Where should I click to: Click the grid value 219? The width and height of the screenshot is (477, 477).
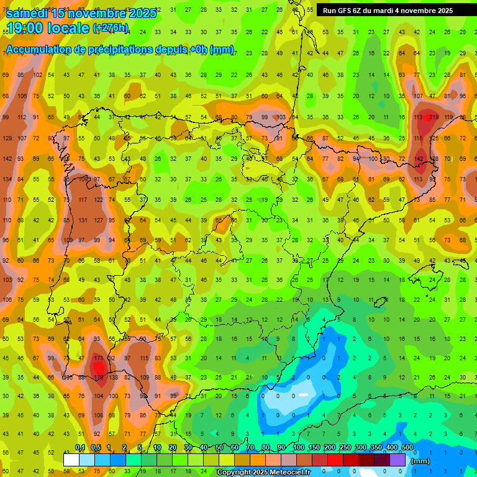click(x=432, y=117)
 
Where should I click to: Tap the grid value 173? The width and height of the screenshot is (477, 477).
click(x=98, y=358)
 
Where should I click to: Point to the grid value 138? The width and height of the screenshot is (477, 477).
click(x=113, y=377)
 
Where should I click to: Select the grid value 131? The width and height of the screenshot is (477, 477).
click(x=83, y=220)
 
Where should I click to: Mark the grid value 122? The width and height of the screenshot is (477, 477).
click(x=98, y=199)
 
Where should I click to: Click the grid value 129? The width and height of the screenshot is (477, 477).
click(x=7, y=138)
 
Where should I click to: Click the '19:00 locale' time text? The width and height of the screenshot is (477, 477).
click(x=48, y=29)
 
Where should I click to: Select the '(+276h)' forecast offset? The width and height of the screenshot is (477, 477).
click(x=111, y=28)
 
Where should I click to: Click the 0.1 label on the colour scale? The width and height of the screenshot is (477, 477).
click(x=80, y=447)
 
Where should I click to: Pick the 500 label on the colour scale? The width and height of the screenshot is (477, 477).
click(x=407, y=447)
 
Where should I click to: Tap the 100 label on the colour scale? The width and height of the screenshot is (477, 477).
click(x=298, y=447)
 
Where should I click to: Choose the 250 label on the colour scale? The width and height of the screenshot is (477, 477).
click(x=345, y=447)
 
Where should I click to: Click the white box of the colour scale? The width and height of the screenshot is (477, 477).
click(x=71, y=460)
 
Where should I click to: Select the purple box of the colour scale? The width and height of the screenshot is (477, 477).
click(x=397, y=460)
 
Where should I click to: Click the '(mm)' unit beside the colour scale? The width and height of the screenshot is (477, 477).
click(x=420, y=461)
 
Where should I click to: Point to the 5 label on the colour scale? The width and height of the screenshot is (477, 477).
click(x=140, y=447)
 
